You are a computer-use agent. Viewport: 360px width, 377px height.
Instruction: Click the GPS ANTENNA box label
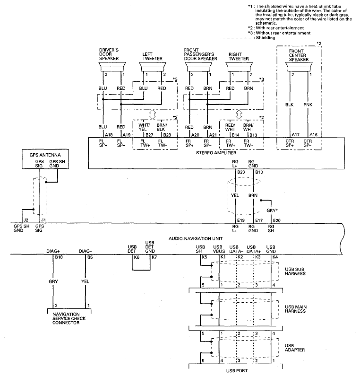click(x=45, y=155)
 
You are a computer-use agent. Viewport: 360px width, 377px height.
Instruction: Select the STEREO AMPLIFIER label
click(x=216, y=153)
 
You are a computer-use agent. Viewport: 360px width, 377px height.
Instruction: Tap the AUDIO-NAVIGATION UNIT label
click(x=196, y=238)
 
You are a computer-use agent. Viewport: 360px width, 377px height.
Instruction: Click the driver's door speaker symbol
click(x=112, y=67)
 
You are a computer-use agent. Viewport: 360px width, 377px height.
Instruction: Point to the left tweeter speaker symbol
click(x=153, y=67)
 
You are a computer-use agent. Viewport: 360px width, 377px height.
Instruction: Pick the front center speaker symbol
click(x=299, y=67)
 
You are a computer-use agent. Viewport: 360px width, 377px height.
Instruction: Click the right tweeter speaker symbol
click(x=239, y=67)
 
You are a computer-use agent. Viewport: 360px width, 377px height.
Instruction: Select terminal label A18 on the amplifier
click(x=109, y=135)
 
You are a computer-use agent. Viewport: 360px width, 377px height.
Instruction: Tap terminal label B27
click(x=149, y=135)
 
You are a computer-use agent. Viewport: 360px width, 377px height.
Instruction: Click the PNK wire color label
click(x=308, y=105)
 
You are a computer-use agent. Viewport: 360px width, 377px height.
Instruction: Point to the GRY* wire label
click(x=272, y=210)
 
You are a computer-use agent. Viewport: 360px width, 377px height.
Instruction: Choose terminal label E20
click(x=277, y=220)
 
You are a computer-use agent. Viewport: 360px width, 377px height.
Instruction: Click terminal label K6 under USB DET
click(x=137, y=257)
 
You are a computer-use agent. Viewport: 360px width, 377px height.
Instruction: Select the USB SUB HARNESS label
click(x=295, y=272)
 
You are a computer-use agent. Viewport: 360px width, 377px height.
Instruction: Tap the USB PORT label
click(x=237, y=371)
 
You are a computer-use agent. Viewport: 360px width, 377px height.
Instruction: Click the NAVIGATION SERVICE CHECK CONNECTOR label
click(x=69, y=318)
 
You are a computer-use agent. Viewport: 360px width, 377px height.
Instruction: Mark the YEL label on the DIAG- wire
click(x=85, y=281)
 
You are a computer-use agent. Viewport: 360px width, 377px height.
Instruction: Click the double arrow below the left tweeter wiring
click(x=153, y=114)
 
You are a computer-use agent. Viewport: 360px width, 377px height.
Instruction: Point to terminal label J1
click(x=43, y=220)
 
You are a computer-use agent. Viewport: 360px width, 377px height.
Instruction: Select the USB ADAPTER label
click(x=295, y=348)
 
